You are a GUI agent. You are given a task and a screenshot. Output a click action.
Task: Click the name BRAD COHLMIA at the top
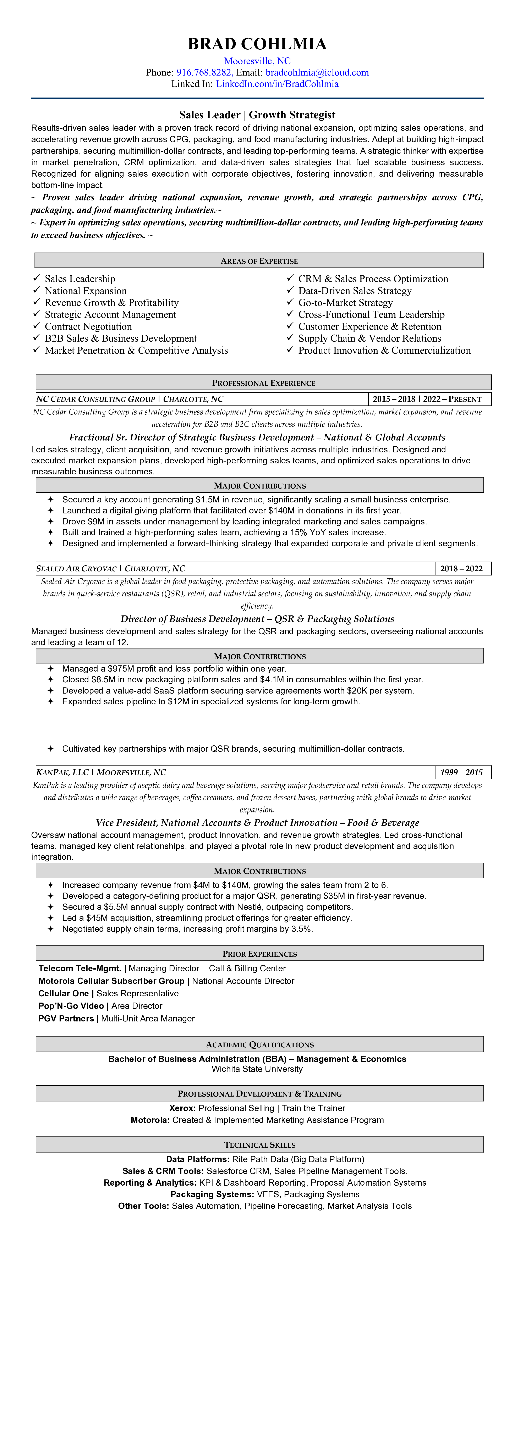[x=257, y=44]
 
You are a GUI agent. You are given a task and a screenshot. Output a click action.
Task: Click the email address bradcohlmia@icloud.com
[x=317, y=72]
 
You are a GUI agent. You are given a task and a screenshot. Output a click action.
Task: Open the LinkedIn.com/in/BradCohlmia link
[x=277, y=84]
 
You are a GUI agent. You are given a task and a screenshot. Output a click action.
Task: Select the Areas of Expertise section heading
[x=259, y=261]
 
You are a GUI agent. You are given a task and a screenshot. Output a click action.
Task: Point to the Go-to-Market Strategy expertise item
[x=345, y=302]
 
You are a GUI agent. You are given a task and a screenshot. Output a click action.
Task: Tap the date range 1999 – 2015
[x=461, y=772]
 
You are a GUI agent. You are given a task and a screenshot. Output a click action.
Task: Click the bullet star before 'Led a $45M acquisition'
[x=50, y=918]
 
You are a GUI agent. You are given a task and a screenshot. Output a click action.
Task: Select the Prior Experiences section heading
[x=259, y=954]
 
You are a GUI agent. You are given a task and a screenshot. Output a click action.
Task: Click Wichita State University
[x=257, y=1069]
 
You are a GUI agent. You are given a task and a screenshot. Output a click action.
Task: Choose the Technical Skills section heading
[x=259, y=1145]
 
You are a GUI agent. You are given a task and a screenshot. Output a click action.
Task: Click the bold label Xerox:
[x=183, y=1108]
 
